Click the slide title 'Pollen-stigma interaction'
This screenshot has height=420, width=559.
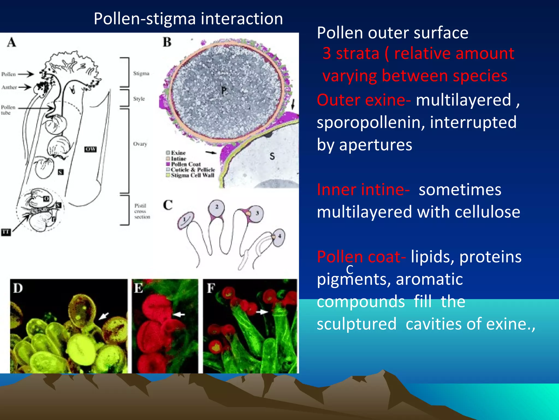tap(188, 19)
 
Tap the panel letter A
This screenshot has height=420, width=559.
tap(11, 42)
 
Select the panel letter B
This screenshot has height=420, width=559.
tap(167, 42)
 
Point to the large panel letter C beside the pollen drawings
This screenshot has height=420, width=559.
tap(168, 205)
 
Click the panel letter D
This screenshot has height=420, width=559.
tap(18, 288)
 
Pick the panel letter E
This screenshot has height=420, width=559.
tap(138, 288)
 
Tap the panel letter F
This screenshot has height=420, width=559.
tap(211, 288)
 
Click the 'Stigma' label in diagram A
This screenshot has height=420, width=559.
tap(141, 73)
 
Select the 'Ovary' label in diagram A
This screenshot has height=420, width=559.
tap(140, 144)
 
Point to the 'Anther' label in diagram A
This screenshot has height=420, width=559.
tap(9, 87)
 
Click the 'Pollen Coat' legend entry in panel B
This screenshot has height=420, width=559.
tap(186, 164)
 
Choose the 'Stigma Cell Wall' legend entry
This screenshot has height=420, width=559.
tap(192, 175)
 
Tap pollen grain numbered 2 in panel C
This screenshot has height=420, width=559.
tap(217, 207)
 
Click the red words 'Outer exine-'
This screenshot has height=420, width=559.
tap(364, 100)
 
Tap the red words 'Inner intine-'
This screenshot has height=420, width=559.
tap(363, 189)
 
